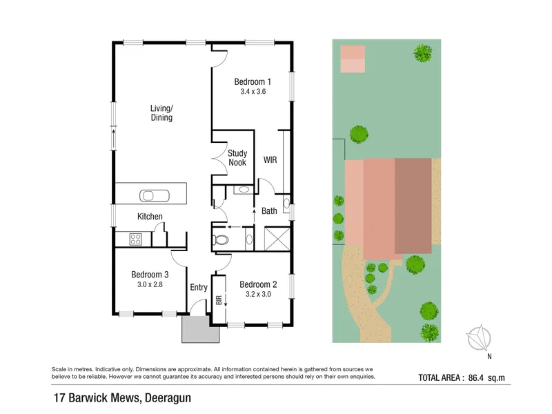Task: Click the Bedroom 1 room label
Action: click(x=253, y=81)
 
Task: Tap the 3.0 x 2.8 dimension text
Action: click(x=150, y=284)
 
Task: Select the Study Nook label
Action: click(x=237, y=158)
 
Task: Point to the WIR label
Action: click(x=270, y=160)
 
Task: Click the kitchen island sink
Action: click(x=154, y=195)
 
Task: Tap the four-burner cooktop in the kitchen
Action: click(x=135, y=239)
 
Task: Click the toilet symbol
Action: click(x=220, y=239)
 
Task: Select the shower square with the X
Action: click(x=277, y=239)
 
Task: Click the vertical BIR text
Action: click(x=219, y=300)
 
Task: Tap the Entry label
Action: click(x=199, y=287)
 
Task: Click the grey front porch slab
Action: click(x=200, y=330)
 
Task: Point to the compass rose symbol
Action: click(x=479, y=337)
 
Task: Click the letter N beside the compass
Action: click(x=489, y=356)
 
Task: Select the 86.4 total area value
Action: click(x=476, y=377)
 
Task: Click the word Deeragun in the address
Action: click(x=168, y=398)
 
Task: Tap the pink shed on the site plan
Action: click(x=353, y=59)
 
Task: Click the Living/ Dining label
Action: click(x=161, y=113)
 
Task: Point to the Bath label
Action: click(x=269, y=211)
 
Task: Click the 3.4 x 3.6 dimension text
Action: click(x=253, y=92)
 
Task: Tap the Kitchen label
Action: click(x=150, y=216)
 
